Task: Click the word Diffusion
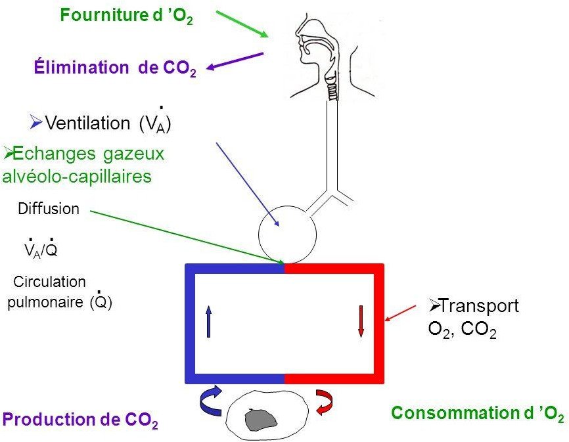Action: [x=49, y=210]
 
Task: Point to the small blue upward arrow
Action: [x=208, y=321]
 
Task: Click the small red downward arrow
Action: [x=361, y=321]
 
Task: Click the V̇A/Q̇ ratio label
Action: [x=40, y=250]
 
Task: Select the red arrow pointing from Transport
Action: [x=401, y=313]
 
